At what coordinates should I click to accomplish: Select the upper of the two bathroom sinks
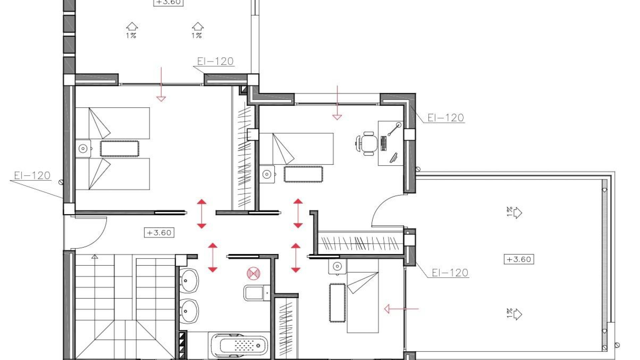coord(189,281)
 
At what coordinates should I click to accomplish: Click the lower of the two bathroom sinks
coord(189,311)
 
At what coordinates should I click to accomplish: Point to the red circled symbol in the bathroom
coord(253,273)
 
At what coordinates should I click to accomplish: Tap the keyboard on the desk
coord(384,143)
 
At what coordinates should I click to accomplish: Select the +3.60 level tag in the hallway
coord(159,233)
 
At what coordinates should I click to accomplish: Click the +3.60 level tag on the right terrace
coord(519,259)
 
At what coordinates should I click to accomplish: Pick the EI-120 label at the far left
coord(32,176)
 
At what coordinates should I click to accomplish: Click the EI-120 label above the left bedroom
coord(215,61)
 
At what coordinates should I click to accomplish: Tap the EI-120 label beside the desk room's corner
coord(446,118)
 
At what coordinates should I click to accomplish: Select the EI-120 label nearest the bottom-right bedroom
coord(450,273)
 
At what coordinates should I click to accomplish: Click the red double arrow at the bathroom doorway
coord(213,257)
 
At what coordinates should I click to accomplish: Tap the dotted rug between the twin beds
coord(119,149)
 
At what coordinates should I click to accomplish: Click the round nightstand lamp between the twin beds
coord(83,149)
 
